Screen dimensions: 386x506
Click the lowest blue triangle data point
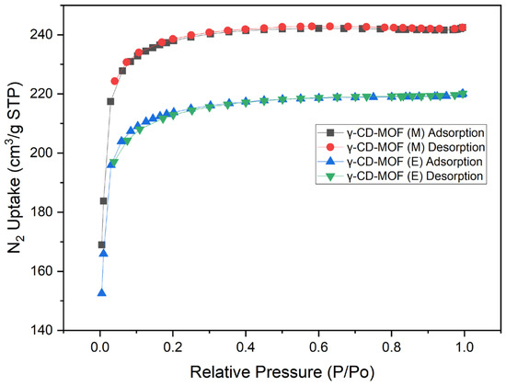coord(101,292)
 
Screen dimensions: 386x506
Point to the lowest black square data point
coord(101,244)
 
